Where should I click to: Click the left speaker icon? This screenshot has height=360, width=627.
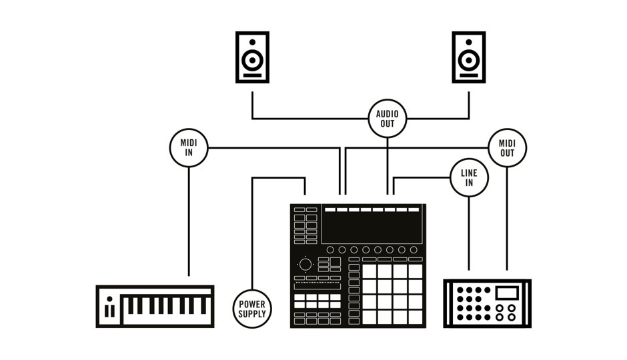click(x=252, y=57)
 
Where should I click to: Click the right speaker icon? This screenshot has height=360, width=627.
click(x=469, y=57)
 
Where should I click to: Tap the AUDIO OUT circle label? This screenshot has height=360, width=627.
click(x=388, y=119)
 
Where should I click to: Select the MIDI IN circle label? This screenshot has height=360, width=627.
click(x=189, y=147)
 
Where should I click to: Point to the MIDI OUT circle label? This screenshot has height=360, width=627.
click(x=507, y=147)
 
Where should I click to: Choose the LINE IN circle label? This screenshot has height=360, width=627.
click(x=469, y=178)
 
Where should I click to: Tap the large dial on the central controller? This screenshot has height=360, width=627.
click(x=305, y=265)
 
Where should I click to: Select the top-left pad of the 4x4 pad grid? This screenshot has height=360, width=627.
click(x=370, y=271)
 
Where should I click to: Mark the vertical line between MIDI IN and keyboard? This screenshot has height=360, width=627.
click(x=189, y=220)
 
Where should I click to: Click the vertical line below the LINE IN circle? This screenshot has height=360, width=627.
click(x=469, y=233)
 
